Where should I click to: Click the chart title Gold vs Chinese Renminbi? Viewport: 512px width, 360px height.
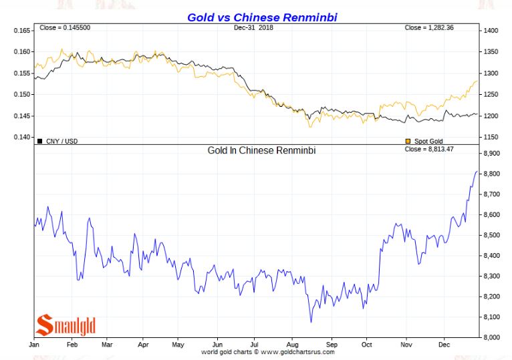tap(256, 17)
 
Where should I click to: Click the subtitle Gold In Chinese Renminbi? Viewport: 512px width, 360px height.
tap(261, 151)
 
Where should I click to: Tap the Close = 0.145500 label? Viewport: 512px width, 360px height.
tap(62, 27)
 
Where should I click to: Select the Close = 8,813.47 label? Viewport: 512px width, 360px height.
tap(430, 150)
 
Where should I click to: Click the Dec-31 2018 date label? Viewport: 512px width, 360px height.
tap(255, 27)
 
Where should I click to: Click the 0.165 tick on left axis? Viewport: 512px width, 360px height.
tap(21, 31)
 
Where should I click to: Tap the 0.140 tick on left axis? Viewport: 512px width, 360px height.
tap(21, 138)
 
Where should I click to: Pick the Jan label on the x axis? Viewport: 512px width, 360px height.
tap(34, 345)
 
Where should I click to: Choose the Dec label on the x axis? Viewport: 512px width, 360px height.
tap(444, 345)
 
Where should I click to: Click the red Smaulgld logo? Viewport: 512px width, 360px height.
tap(66, 325)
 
